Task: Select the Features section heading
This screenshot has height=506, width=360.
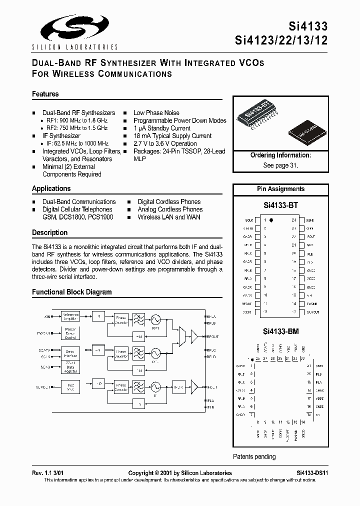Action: point(45,94)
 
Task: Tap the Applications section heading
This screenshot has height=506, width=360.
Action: point(51,188)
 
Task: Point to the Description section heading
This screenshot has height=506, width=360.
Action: point(49,232)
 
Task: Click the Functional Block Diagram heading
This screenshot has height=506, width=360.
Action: point(72,292)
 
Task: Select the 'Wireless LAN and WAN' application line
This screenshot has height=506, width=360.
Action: point(169,217)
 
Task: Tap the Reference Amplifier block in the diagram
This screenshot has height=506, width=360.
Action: point(70,316)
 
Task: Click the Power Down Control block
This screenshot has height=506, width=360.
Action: point(70,333)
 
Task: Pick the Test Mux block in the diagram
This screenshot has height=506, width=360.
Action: point(70,386)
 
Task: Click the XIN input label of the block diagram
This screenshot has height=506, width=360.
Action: point(48,316)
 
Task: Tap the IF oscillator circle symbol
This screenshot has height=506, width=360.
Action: point(155,386)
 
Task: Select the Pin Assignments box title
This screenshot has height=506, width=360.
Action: point(280,189)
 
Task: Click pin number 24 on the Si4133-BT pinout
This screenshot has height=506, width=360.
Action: point(294,220)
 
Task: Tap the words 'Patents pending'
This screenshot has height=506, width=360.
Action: point(254,456)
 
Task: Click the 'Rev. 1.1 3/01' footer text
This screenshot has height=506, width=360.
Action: point(48,473)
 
